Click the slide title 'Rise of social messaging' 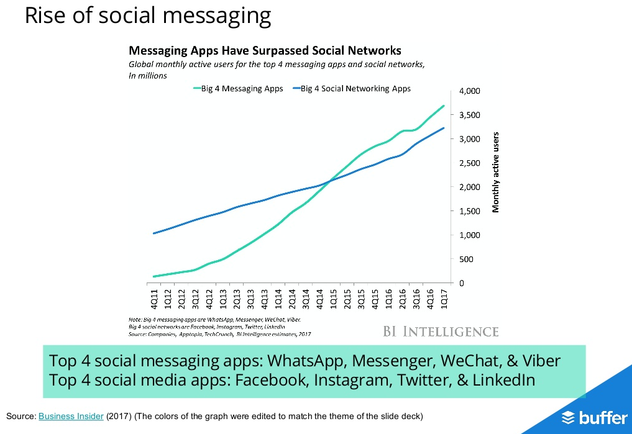pos(148,16)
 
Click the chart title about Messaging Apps pos(264,50)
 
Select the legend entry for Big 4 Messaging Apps pos(239,89)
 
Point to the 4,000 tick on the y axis pos(470,91)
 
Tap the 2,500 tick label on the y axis pos(470,163)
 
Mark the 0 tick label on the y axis pos(461,283)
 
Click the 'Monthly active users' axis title pos(496,172)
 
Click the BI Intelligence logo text pos(441,331)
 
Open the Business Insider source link pos(71,416)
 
